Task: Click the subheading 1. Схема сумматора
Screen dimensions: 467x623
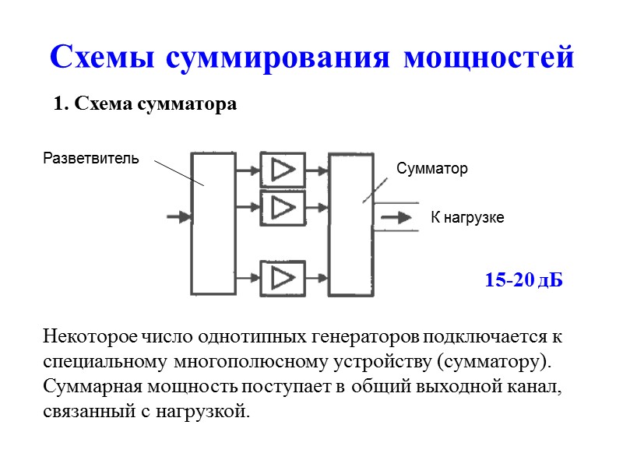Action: click(x=145, y=104)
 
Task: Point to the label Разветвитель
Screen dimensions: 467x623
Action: click(x=91, y=159)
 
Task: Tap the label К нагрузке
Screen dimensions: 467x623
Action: click(x=467, y=218)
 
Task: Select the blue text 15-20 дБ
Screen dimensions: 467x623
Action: click(x=523, y=280)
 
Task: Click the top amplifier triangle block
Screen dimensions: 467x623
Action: click(x=281, y=169)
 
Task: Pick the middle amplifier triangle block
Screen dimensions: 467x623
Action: click(x=281, y=207)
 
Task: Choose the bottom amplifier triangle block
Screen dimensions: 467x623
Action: click(x=281, y=277)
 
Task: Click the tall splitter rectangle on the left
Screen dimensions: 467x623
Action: click(x=213, y=223)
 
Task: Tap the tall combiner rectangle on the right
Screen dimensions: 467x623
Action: click(x=351, y=223)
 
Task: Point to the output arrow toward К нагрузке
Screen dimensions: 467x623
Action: click(x=397, y=218)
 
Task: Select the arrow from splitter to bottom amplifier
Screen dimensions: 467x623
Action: click(x=248, y=277)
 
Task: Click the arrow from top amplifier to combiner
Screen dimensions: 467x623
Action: click(x=316, y=169)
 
